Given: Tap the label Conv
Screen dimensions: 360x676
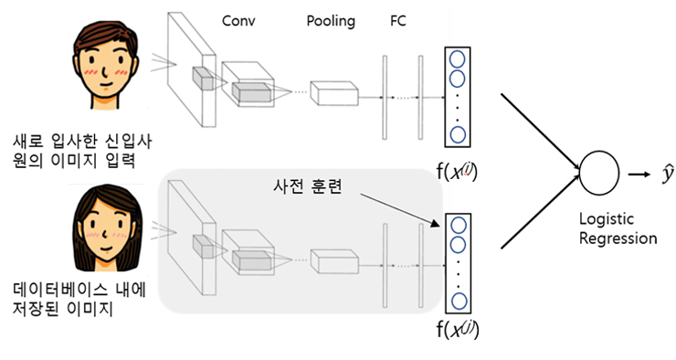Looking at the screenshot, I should coord(236,20).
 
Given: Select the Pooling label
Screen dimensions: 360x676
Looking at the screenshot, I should coord(331,20).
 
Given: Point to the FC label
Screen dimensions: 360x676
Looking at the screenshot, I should coord(401,20).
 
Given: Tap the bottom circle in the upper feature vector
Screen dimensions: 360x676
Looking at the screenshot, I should coord(459,134).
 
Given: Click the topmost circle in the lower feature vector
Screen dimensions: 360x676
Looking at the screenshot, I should coord(459,225).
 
